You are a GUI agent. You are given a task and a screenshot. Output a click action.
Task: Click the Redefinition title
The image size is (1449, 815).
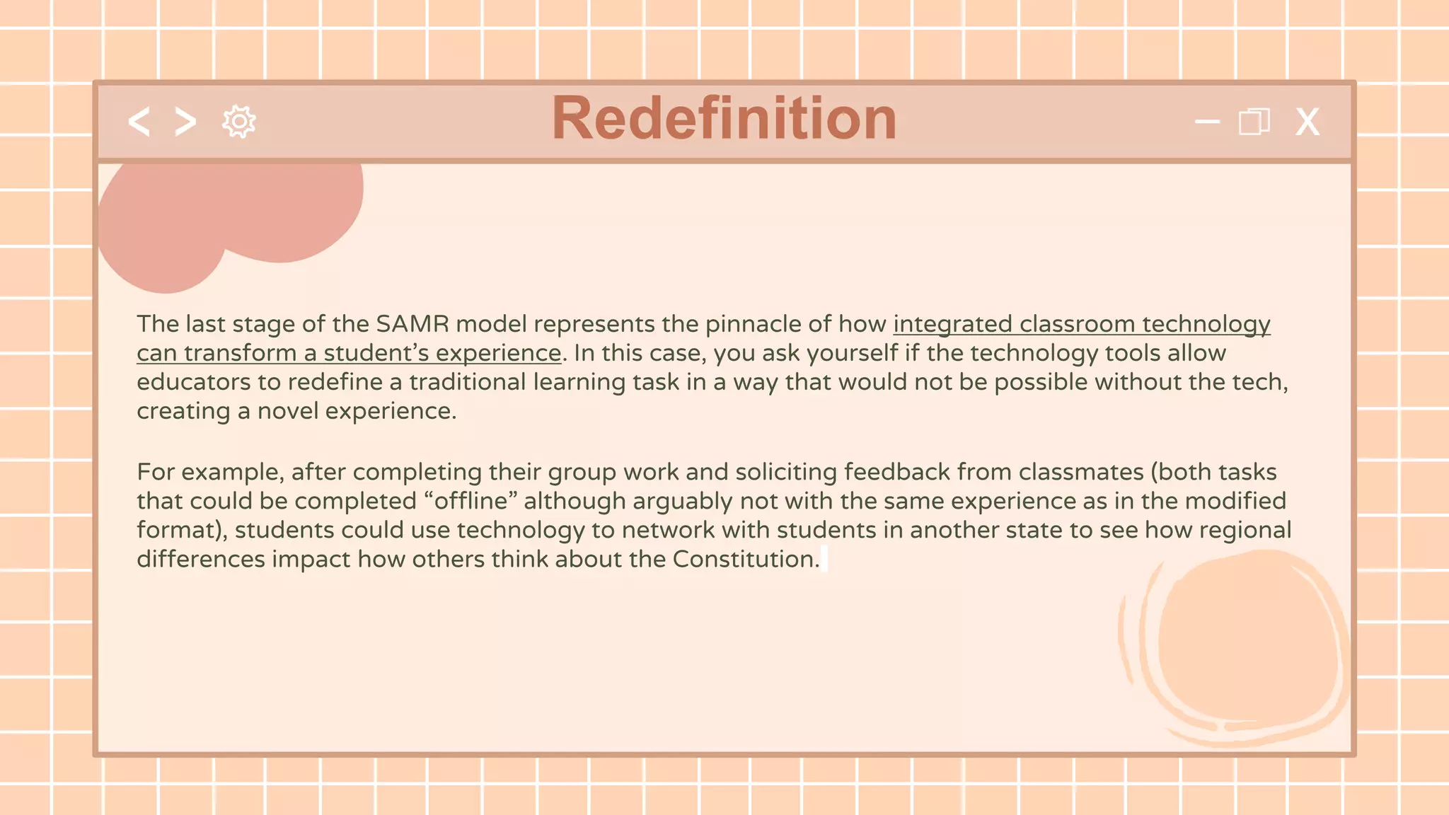[724, 118]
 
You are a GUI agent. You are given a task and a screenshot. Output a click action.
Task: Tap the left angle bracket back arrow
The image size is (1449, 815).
[139, 122]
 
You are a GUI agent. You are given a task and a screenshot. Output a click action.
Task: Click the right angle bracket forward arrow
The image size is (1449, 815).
[185, 122]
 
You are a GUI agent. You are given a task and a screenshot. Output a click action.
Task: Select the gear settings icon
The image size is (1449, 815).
[239, 122]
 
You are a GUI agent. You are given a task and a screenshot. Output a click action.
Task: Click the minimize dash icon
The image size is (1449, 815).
[1207, 122]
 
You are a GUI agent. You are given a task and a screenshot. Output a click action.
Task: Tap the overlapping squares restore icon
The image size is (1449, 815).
[1254, 122]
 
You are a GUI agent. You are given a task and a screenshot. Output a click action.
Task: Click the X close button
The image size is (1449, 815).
[1307, 122]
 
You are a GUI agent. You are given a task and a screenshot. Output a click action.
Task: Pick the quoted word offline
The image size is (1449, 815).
[471, 501]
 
